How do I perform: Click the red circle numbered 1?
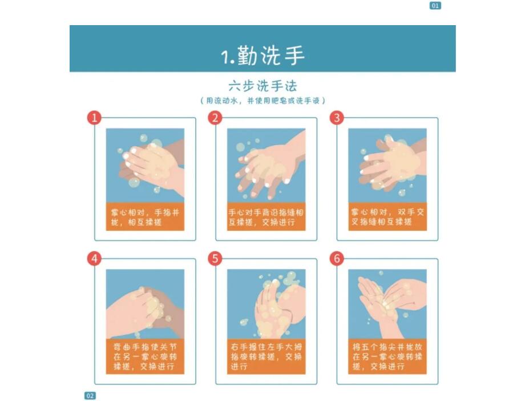(x=94, y=118)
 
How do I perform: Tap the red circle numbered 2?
(x=215, y=118)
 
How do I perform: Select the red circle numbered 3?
(x=337, y=118)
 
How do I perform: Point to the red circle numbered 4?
(x=94, y=258)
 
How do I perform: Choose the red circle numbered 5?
(x=215, y=258)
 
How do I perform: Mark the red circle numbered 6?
(x=337, y=258)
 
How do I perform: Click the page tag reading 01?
(x=435, y=5)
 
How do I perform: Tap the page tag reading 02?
(x=90, y=396)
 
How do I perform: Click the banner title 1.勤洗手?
(x=262, y=55)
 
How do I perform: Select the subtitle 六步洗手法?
(x=262, y=86)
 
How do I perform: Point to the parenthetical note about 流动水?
(x=262, y=101)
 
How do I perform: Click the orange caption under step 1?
(x=145, y=217)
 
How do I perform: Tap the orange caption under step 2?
(x=266, y=217)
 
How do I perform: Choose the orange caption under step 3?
(x=387, y=217)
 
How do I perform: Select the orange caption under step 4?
(x=145, y=356)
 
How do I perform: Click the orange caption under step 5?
(x=266, y=356)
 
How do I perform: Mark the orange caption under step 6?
(x=387, y=356)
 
